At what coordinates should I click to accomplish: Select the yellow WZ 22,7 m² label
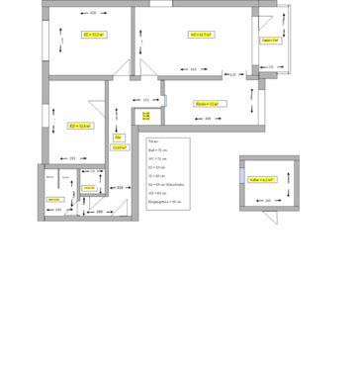coord(202,35)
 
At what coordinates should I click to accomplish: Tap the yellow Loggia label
coord(269,41)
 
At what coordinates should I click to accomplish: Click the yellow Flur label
coord(118,138)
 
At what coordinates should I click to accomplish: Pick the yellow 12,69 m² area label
coord(119,147)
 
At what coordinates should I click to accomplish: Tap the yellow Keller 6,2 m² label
coord(262,179)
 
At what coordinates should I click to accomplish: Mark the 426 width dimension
coord(93,13)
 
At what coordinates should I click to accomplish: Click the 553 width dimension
coord(193,69)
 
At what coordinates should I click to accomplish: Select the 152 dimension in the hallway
coord(146,100)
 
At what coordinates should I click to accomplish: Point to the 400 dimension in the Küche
coord(208,119)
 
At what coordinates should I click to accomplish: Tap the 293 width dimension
coord(72,158)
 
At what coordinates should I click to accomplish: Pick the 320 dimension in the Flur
coord(120,187)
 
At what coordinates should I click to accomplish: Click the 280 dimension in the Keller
coord(267,201)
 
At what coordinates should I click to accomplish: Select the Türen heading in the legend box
coord(152,141)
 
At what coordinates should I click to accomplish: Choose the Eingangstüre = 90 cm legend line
coord(164,201)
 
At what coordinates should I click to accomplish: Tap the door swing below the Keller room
coord(270,217)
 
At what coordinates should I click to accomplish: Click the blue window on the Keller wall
coord(241,175)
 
